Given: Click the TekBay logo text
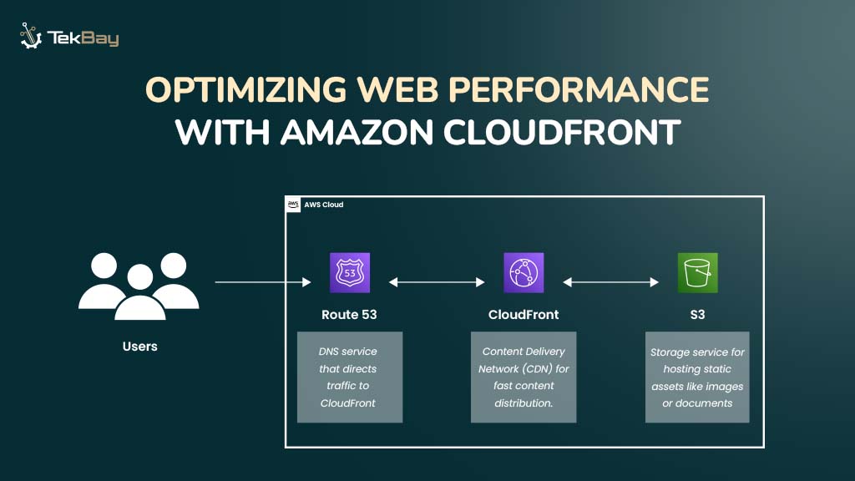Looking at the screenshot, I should [x=83, y=38].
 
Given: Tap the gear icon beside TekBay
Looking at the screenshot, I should [x=31, y=37].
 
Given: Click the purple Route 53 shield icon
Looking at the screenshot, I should [x=350, y=273].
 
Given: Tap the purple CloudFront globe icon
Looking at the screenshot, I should [x=524, y=273].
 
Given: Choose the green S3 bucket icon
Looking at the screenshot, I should [x=697, y=273].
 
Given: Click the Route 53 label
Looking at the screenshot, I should [x=349, y=315].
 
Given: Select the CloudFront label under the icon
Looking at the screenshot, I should [x=524, y=315].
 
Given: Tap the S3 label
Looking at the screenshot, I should [x=697, y=315].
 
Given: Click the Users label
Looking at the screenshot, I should [x=139, y=346].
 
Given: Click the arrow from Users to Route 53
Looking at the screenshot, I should [x=262, y=283].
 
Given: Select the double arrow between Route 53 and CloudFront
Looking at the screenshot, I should [x=437, y=283].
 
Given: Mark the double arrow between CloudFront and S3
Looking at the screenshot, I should [x=610, y=283].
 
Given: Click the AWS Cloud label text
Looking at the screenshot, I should [x=324, y=205].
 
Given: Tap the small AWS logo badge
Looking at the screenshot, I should [x=293, y=205].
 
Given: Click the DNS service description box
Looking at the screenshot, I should [x=350, y=377].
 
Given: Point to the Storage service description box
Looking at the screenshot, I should [x=697, y=377].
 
